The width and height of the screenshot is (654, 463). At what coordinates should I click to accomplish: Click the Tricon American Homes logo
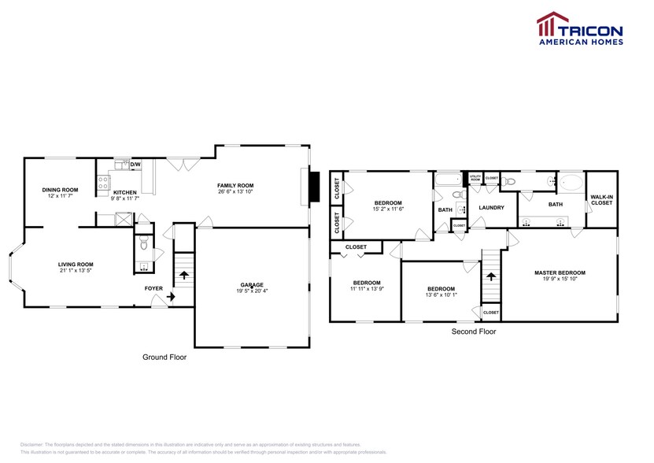click(579, 28)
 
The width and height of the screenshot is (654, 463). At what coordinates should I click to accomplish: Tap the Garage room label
click(252, 284)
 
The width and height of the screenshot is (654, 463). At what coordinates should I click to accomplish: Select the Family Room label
click(235, 186)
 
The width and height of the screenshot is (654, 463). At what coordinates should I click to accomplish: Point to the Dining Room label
click(61, 189)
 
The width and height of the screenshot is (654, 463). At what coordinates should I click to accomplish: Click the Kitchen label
click(125, 192)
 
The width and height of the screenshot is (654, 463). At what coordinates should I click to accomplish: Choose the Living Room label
click(76, 265)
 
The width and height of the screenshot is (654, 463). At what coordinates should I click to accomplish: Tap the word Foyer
click(153, 288)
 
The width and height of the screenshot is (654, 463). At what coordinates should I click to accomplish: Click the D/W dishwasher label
click(135, 165)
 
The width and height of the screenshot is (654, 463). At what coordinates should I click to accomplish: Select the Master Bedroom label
click(560, 272)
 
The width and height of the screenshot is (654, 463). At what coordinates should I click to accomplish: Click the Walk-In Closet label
click(601, 200)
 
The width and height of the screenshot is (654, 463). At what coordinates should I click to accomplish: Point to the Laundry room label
click(491, 208)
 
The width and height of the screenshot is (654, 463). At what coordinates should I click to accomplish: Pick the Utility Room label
click(475, 179)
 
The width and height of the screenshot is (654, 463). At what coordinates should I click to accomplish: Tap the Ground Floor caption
click(164, 357)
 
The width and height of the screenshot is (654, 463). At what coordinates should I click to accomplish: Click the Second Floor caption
click(473, 332)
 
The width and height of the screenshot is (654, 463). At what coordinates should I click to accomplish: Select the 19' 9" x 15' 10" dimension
click(560, 280)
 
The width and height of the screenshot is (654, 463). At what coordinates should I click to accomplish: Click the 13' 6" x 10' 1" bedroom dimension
click(441, 295)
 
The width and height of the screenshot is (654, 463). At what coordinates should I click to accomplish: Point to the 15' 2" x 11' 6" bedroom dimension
click(388, 209)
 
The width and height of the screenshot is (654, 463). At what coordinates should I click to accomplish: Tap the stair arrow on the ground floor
click(184, 276)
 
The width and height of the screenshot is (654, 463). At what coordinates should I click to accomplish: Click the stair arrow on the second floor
click(490, 276)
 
